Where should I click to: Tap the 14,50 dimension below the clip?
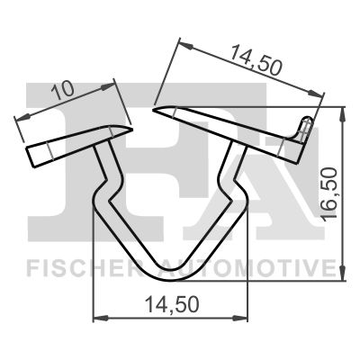(x=172, y=306)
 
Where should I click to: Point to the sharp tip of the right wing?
(x=155, y=111)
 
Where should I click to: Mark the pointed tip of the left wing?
(x=130, y=128)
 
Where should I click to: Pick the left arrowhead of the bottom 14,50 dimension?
(x=98, y=319)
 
